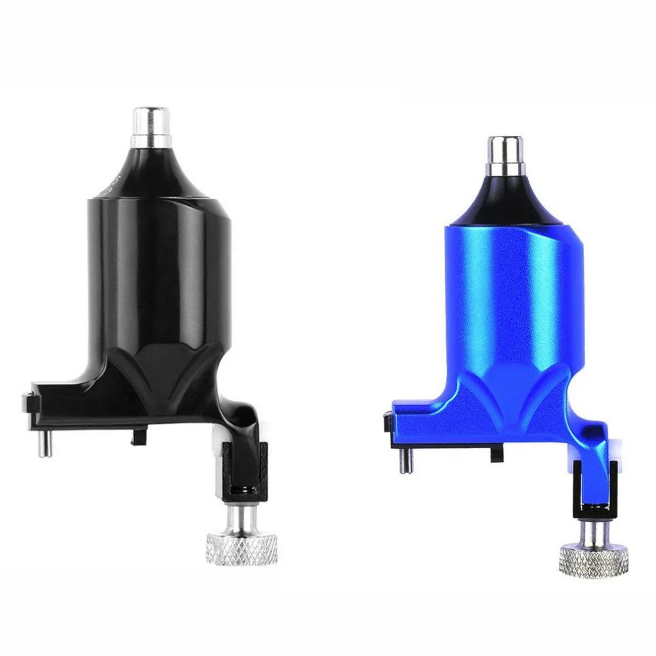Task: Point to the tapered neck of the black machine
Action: tap(152, 169)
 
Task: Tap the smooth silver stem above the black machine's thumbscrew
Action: tap(241, 516)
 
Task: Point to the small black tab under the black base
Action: tap(139, 434)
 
